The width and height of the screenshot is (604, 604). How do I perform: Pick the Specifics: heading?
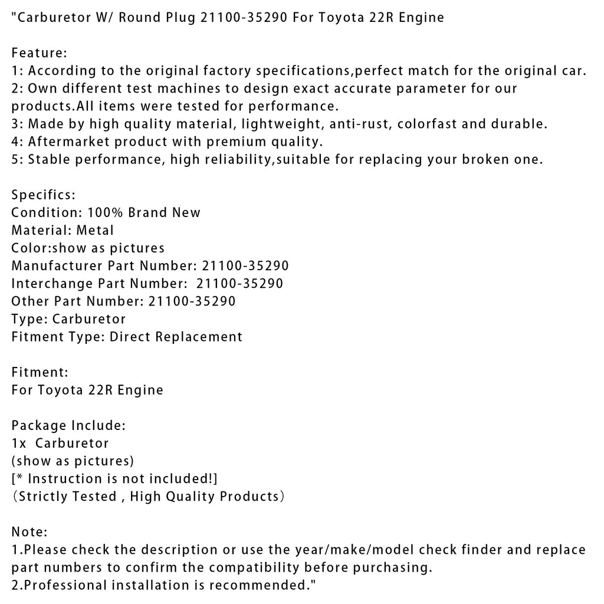click(x=43, y=195)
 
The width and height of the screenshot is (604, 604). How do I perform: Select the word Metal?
click(x=94, y=230)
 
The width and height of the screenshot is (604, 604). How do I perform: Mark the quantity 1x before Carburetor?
click(x=18, y=443)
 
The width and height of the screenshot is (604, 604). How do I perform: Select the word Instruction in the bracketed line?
click(x=64, y=478)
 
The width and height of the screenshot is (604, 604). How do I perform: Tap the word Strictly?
click(x=44, y=496)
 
